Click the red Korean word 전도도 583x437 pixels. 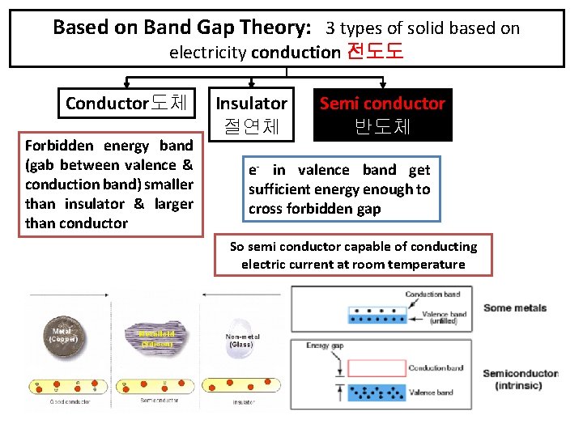(x=375, y=53)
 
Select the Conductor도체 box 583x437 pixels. (x=126, y=104)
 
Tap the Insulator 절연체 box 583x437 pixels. (x=251, y=114)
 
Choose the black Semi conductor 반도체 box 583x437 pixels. (x=382, y=114)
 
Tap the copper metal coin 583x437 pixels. (x=62, y=337)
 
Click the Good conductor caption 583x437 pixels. (x=70, y=401)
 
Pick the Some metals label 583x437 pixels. (x=514, y=308)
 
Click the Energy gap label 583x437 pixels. (x=325, y=346)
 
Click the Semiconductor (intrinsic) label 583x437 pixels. (x=519, y=380)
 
